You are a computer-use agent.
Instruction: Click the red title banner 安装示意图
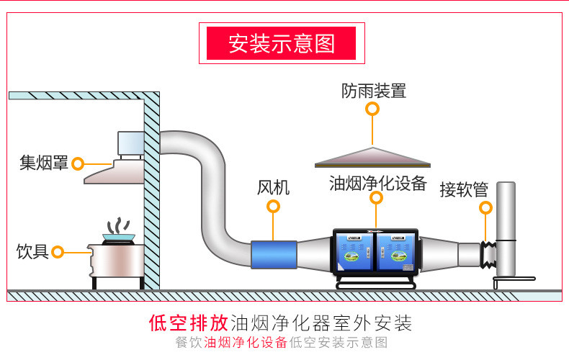[282, 43]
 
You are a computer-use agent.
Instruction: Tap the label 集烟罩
[44, 163]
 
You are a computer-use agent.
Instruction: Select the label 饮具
[32, 251]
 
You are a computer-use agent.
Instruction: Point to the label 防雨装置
[374, 91]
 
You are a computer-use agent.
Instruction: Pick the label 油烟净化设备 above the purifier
[378, 182]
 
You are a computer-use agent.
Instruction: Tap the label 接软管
[464, 190]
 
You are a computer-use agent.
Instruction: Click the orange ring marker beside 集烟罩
[78, 164]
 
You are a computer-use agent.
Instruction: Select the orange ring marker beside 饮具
[58, 252]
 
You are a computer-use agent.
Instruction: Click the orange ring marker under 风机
[273, 207]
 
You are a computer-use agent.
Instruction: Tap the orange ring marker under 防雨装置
[372, 109]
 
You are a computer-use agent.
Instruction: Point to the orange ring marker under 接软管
[485, 209]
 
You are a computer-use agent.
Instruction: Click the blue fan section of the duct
[274, 256]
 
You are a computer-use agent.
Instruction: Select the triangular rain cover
[372, 157]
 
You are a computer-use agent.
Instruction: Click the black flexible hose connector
[490, 254]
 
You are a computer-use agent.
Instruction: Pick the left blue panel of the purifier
[353, 252]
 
